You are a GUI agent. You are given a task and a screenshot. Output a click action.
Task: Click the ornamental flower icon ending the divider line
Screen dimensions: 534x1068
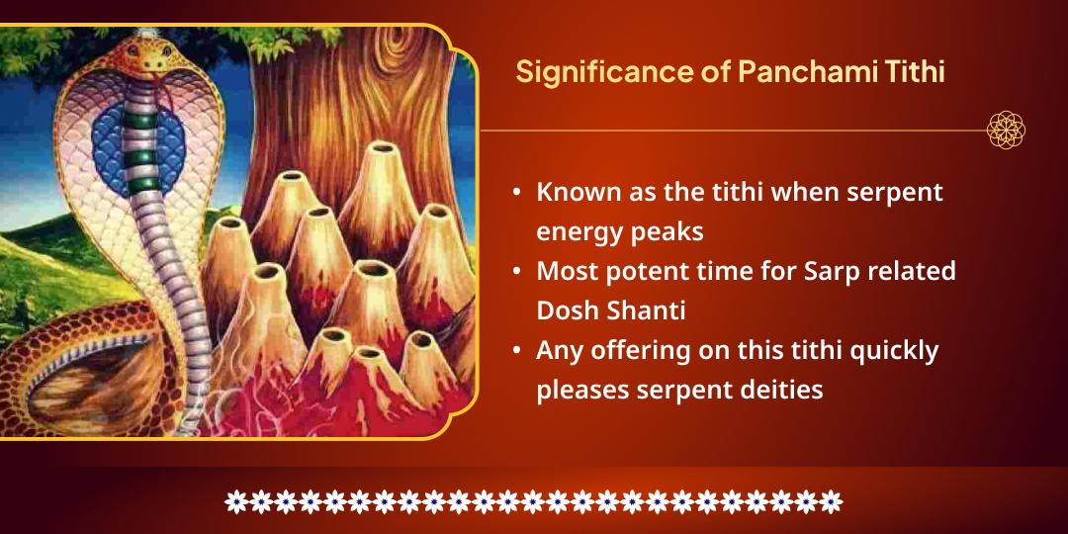(x=1006, y=130)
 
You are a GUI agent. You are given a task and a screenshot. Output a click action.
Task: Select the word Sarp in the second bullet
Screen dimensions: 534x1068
(x=816, y=271)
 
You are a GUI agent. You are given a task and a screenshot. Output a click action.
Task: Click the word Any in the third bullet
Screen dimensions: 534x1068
(x=559, y=350)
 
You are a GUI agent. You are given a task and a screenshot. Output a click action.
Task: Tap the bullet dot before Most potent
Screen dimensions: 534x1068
(x=517, y=271)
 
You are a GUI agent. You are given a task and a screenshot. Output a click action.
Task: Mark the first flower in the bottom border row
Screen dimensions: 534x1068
(x=235, y=501)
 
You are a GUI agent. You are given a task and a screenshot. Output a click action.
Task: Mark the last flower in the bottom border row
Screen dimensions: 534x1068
(x=832, y=501)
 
